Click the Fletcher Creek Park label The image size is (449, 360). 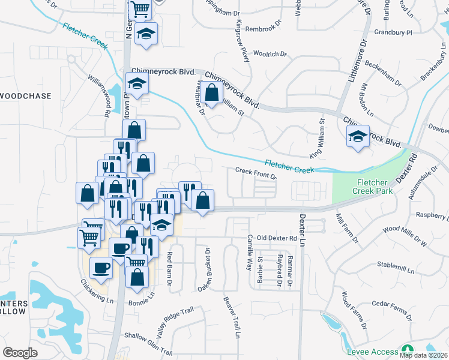pyautogui.click(x=374, y=187)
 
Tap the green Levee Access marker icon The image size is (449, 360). pyautogui.click(x=408, y=350)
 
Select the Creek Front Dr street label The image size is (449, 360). pyautogui.click(x=255, y=173)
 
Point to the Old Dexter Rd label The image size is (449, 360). pyautogui.click(x=277, y=238)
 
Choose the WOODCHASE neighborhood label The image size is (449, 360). pyautogui.click(x=26, y=96)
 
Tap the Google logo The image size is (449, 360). pyautogui.click(x=20, y=353)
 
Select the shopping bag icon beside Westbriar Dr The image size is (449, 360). pyautogui.click(x=211, y=93)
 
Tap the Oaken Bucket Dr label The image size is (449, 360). pyautogui.click(x=205, y=271)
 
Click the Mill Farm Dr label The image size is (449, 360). pyautogui.click(x=347, y=229)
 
